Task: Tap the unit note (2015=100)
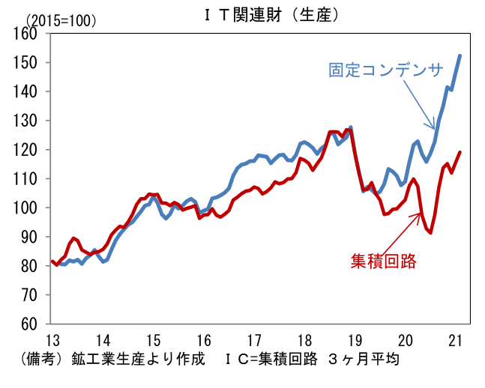pyautogui.click(x=61, y=21)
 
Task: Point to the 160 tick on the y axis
pyautogui.click(x=25, y=34)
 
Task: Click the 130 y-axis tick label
pyautogui.click(x=25, y=121)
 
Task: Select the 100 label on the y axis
pyautogui.click(x=25, y=207)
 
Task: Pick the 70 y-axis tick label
pyautogui.click(x=28, y=295)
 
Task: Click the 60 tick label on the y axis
pyautogui.click(x=28, y=324)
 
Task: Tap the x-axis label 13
pyautogui.click(x=53, y=341)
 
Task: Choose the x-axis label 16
pyautogui.click(x=204, y=341)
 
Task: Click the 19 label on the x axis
pyautogui.click(x=355, y=341)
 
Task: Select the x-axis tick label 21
pyautogui.click(x=455, y=341)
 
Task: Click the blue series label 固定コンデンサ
pyautogui.click(x=386, y=70)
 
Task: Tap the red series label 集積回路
pyautogui.click(x=384, y=261)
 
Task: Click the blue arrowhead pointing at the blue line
pyautogui.click(x=433, y=127)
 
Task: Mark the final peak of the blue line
pyautogui.click(x=460, y=55)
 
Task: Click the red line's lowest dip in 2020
pyautogui.click(x=430, y=232)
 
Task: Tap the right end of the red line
pyautogui.click(x=460, y=152)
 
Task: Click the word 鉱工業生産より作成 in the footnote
pyautogui.click(x=139, y=359)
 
